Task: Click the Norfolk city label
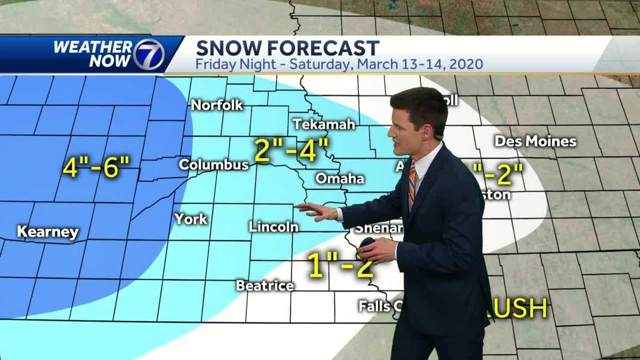217,105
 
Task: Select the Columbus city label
213,165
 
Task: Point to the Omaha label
340,178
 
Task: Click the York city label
190,219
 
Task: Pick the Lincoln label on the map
273,227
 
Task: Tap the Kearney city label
48,233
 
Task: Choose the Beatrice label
265,286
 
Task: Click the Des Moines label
535,141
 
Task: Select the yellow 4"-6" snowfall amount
96,168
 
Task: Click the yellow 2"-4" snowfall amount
291,150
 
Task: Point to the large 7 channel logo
149,54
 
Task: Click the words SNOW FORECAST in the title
287,48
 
